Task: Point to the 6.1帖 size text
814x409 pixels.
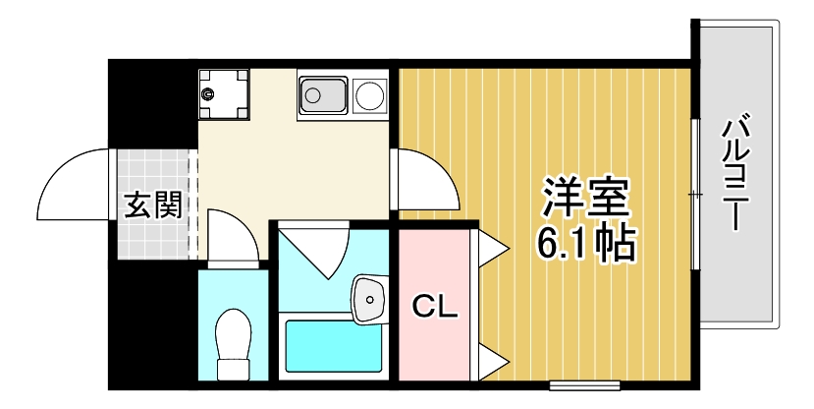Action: [586, 242]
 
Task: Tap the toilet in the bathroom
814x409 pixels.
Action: [233, 344]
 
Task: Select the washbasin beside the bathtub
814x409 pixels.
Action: [369, 298]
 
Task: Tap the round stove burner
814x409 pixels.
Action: [370, 96]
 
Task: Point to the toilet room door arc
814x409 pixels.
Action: [234, 236]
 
